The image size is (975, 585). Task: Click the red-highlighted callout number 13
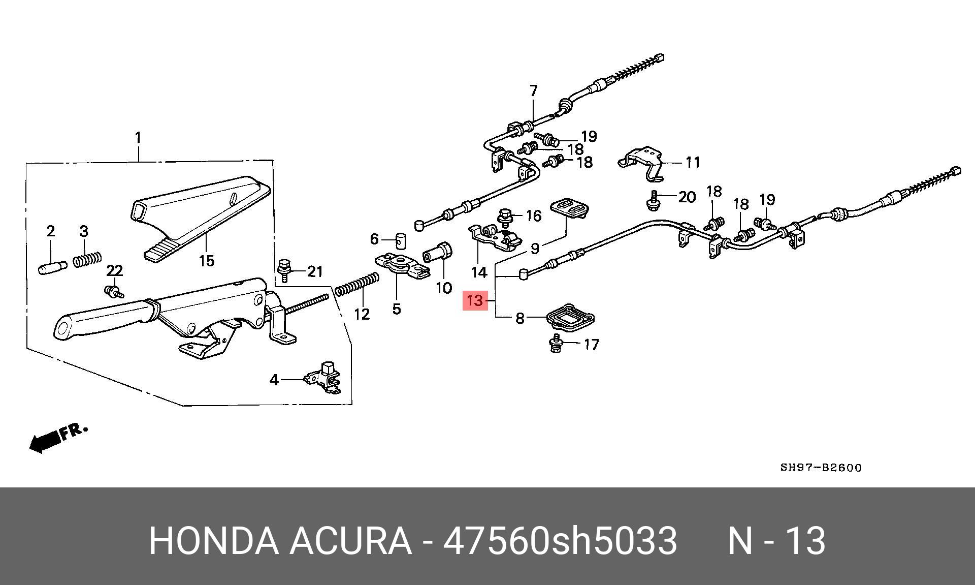coord(475,300)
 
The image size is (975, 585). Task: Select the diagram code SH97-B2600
coord(821,468)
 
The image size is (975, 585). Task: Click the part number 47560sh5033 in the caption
coord(560,540)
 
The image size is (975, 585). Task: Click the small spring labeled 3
coord(88,260)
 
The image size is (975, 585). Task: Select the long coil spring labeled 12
coord(356,285)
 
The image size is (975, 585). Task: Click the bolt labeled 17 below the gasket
coord(557,344)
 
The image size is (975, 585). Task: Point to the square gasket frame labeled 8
coord(569,318)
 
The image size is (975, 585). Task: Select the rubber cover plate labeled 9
coord(570,208)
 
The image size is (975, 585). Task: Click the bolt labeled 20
coord(653,200)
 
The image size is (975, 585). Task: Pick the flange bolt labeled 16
coord(505,218)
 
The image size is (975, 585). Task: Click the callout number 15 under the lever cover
coord(206,261)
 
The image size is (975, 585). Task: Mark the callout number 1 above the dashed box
coord(138,138)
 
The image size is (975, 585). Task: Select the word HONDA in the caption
coord(213,540)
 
